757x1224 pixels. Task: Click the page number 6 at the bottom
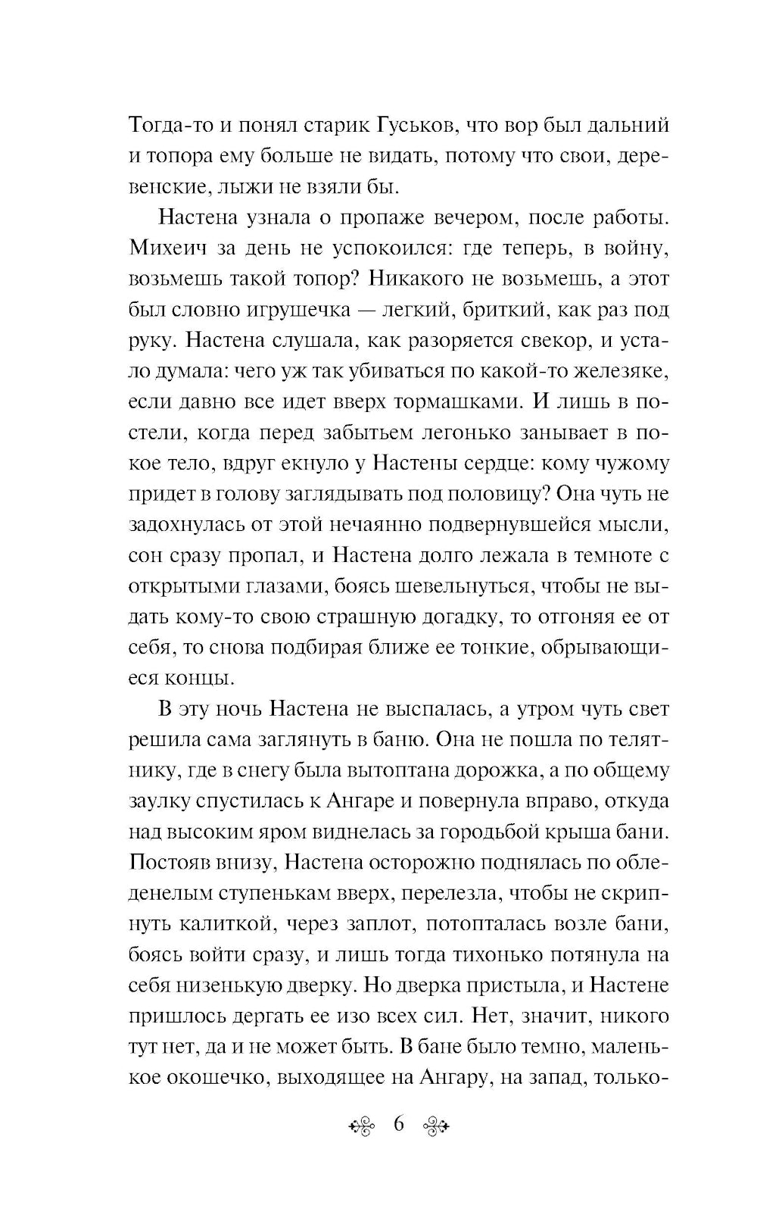point(400,1123)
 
